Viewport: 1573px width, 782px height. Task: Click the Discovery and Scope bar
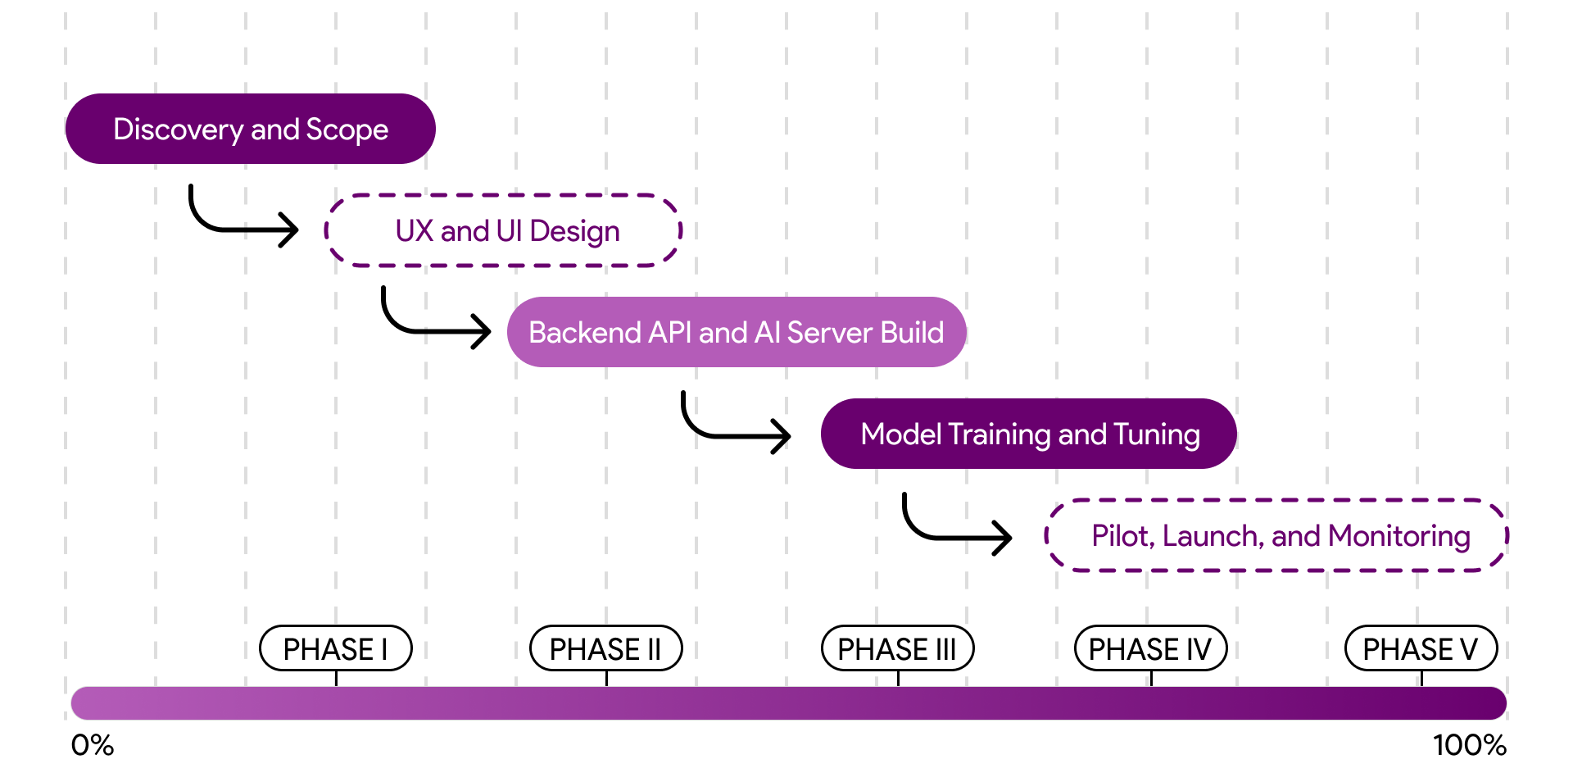(250, 129)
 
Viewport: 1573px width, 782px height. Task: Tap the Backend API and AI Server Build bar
(737, 332)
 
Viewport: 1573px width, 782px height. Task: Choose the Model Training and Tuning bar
(1028, 434)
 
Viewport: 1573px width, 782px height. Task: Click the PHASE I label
(336, 648)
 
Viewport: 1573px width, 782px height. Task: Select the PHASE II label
(606, 648)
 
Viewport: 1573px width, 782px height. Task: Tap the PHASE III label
(898, 648)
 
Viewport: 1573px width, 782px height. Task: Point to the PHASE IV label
(1151, 648)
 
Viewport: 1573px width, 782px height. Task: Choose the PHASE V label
(1421, 648)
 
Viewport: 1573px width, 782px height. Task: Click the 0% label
(93, 745)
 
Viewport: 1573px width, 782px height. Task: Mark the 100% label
(1470, 745)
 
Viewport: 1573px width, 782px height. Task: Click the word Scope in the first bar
(347, 130)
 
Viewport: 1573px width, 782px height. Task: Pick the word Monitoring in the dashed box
(1399, 537)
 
